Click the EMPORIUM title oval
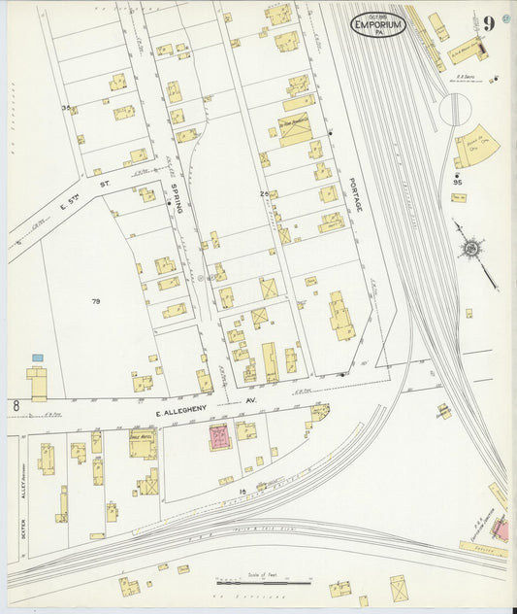[377, 24]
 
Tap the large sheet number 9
[490, 22]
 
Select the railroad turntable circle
[453, 109]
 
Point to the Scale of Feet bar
[263, 581]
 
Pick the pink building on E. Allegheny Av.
[219, 436]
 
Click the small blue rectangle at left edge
[38, 358]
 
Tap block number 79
[95, 302]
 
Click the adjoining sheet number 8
[16, 404]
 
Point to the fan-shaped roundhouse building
[476, 146]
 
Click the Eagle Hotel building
[143, 445]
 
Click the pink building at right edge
[501, 529]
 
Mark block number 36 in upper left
[66, 109]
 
